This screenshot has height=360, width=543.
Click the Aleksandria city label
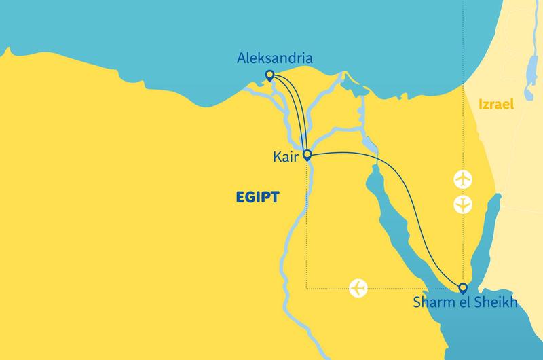click(x=274, y=60)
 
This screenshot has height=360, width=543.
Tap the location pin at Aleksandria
click(x=269, y=75)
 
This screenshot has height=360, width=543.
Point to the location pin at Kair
click(x=307, y=156)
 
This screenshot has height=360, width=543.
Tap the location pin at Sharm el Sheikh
click(x=463, y=287)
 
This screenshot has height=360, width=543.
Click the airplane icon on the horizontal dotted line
click(x=358, y=288)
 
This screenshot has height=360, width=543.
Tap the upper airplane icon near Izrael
click(x=463, y=181)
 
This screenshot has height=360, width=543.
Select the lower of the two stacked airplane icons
click(x=463, y=204)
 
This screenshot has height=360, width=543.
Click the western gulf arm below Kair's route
click(x=387, y=217)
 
